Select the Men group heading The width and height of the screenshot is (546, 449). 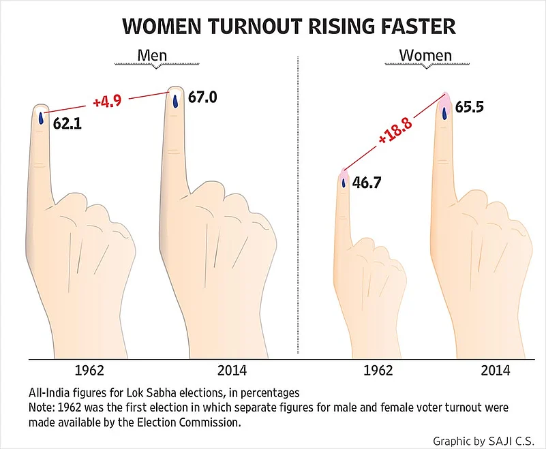[152, 55]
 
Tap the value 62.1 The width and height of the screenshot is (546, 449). [67, 124]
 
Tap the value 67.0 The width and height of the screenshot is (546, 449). [202, 97]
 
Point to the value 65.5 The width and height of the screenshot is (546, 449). [470, 107]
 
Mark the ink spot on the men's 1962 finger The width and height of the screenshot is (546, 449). [41, 118]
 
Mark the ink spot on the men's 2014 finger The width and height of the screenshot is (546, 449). [175, 101]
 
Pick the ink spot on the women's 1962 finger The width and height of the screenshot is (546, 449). [344, 182]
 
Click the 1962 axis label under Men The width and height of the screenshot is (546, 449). [89, 371]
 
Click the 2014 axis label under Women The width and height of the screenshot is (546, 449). [495, 371]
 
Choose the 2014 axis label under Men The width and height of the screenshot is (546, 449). [232, 371]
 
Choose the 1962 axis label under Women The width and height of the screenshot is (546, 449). [378, 371]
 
